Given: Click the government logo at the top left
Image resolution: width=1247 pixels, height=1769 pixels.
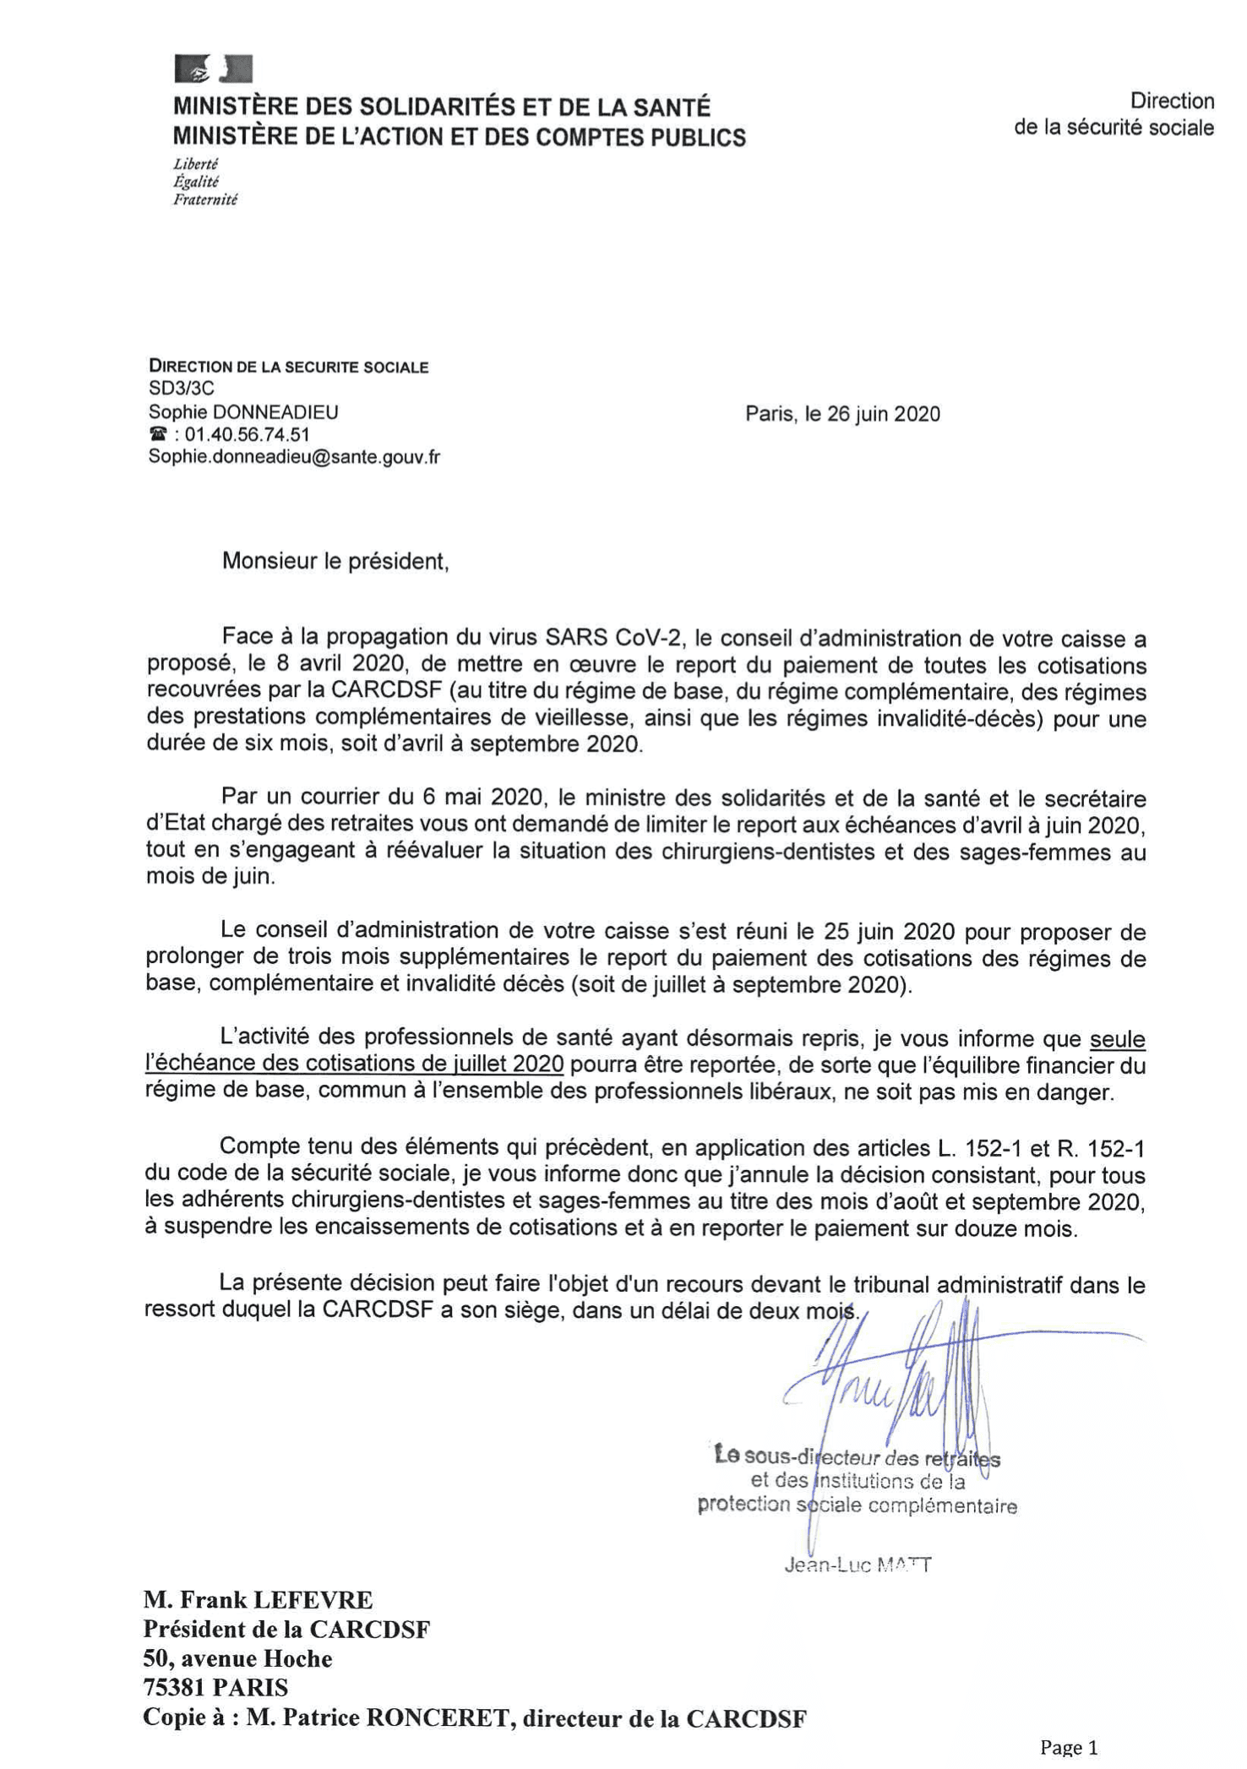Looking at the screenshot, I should (213, 68).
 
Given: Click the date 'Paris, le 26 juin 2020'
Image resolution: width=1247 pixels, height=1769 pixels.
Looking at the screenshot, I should (841, 414).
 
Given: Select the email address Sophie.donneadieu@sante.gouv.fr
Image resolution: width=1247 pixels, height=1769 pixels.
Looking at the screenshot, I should (294, 457).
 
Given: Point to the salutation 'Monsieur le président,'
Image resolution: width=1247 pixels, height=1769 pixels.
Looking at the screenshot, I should (335, 561).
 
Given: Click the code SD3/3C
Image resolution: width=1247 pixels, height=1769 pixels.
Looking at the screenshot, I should (182, 389).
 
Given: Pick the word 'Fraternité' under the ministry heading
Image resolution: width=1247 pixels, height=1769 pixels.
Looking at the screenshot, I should (205, 199).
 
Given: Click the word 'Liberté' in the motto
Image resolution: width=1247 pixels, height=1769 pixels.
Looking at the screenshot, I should (196, 164).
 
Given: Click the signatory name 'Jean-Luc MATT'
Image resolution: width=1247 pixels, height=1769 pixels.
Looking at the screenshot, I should (858, 1565).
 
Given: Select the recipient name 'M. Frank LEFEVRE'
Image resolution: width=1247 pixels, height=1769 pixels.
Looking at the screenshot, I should (258, 1600).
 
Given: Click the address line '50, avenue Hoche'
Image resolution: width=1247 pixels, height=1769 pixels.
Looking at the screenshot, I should (237, 1659).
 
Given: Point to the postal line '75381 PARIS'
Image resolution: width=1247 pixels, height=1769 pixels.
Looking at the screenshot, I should (215, 1688).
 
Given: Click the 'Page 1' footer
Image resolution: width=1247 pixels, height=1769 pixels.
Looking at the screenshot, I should (1069, 1746).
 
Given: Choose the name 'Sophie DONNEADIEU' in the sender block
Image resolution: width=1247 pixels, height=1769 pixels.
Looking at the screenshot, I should (243, 412).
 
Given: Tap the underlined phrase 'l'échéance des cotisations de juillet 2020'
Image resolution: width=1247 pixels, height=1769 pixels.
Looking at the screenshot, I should (354, 1064).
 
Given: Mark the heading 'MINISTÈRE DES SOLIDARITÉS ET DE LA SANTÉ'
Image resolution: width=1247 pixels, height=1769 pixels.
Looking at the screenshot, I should (442, 107).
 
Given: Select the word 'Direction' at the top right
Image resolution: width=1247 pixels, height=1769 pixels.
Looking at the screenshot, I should (1172, 101).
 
